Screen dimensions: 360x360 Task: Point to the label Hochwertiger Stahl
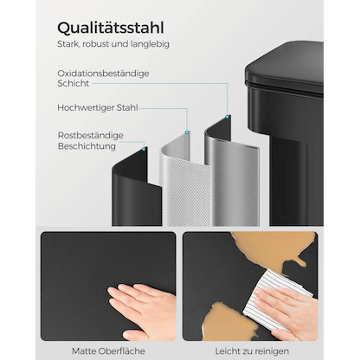96,109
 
